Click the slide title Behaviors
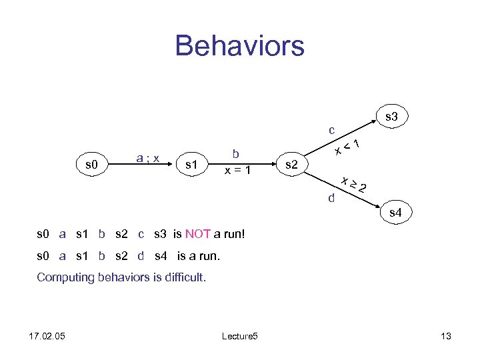click(x=239, y=46)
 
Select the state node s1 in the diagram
click(x=193, y=163)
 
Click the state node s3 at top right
click(x=391, y=117)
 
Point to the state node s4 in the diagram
click(x=395, y=213)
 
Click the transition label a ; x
click(x=147, y=158)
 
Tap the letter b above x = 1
click(x=236, y=154)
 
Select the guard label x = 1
click(x=237, y=170)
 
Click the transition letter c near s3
click(x=331, y=129)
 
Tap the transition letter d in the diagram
click(x=331, y=197)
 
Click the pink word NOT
click(x=198, y=234)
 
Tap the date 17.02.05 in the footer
click(x=47, y=336)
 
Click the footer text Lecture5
click(x=238, y=336)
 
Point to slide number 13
click(x=446, y=336)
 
